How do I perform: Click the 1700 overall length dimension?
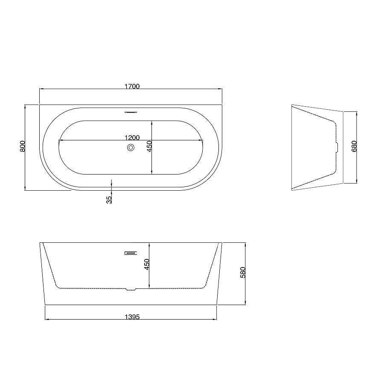[x=132, y=87]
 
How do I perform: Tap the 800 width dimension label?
[x=22, y=146]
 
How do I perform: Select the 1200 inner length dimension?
[x=132, y=138]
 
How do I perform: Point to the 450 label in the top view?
[x=149, y=146]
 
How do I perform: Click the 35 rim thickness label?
[x=109, y=200]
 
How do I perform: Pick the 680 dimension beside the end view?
[x=354, y=146]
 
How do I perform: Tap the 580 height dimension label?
[x=243, y=272]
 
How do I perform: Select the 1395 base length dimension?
[x=132, y=317]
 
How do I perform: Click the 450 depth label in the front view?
[x=146, y=265]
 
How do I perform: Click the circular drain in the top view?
[x=131, y=148]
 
